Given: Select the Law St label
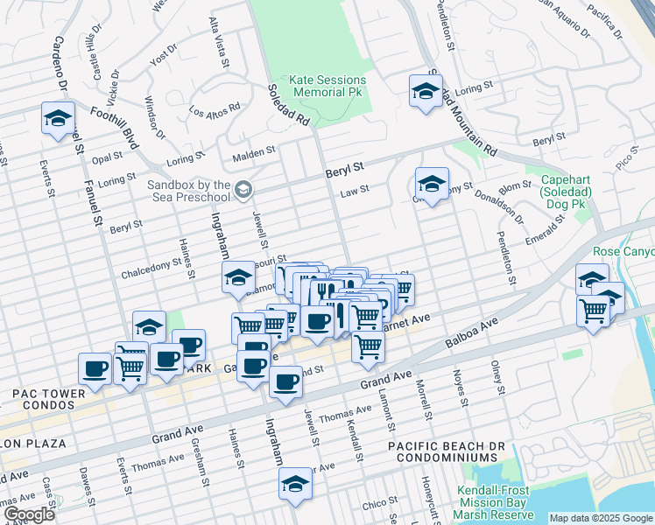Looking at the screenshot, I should [x=355, y=190].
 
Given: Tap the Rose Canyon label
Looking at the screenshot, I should [x=623, y=252].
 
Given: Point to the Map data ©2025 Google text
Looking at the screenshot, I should [x=600, y=518].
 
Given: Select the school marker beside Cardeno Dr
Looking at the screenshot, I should [x=58, y=120].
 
